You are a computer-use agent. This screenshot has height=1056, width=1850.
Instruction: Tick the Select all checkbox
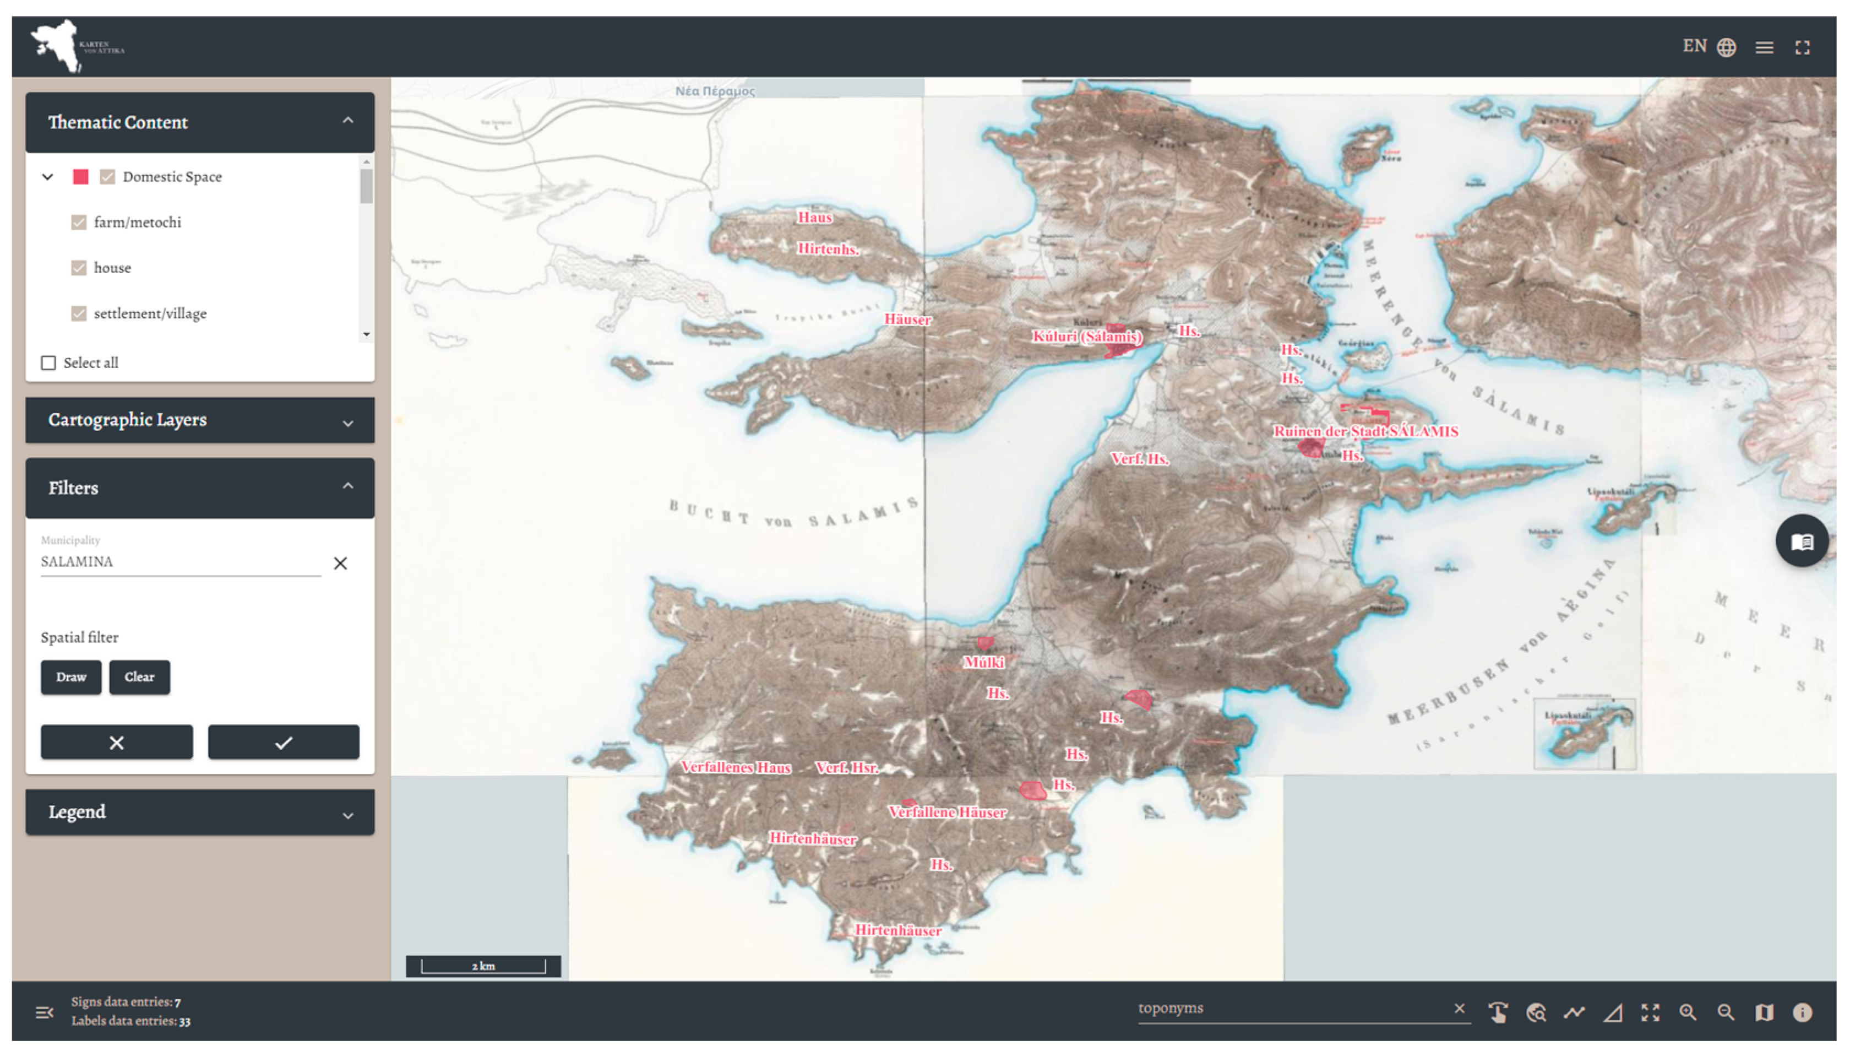[x=48, y=362]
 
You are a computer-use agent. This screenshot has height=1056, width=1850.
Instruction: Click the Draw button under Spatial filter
[x=71, y=676]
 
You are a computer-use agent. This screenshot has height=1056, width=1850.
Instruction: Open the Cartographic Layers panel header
[x=200, y=420]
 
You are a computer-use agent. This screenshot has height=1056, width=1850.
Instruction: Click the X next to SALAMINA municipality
[x=340, y=563]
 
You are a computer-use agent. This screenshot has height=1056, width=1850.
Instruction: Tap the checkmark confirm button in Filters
[x=284, y=742]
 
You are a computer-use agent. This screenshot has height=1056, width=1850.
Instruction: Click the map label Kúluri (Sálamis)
[x=1087, y=337]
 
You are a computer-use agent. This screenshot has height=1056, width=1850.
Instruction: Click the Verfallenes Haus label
[x=736, y=767]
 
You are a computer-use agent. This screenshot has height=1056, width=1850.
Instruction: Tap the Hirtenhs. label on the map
[x=828, y=249]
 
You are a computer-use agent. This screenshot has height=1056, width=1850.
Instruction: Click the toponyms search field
[x=1291, y=1008]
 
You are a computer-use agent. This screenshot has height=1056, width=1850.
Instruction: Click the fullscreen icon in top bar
[x=1802, y=48]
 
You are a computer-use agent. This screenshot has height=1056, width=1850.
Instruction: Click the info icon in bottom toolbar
[x=1802, y=1012]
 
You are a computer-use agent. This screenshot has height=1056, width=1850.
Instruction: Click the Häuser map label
[x=907, y=319]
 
